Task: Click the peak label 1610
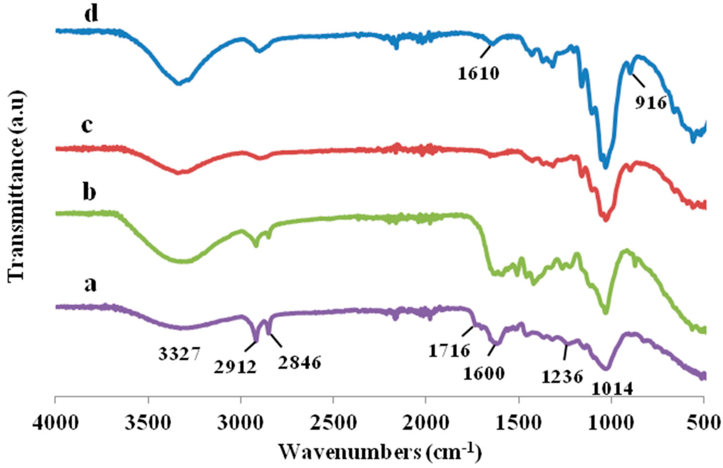[478, 74]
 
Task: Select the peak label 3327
[179, 354]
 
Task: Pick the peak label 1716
[449, 351]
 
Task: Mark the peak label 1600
[484, 373]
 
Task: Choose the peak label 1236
[562, 377]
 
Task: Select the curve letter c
[87, 125]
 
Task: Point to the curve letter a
[90, 285]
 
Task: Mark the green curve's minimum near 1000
[606, 313]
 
